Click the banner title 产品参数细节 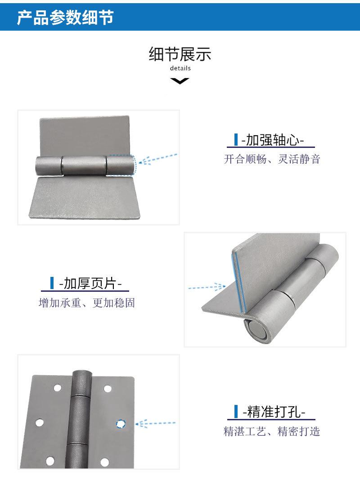65,18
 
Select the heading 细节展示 180,54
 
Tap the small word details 180,69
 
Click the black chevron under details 180,81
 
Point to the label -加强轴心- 273,140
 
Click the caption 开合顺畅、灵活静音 272,159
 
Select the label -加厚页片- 90,284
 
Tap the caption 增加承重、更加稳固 87,303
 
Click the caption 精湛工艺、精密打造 272,431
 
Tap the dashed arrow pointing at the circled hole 155,423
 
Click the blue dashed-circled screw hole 121,423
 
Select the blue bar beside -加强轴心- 236,140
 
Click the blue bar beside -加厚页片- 52,283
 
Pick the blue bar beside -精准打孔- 236,411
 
